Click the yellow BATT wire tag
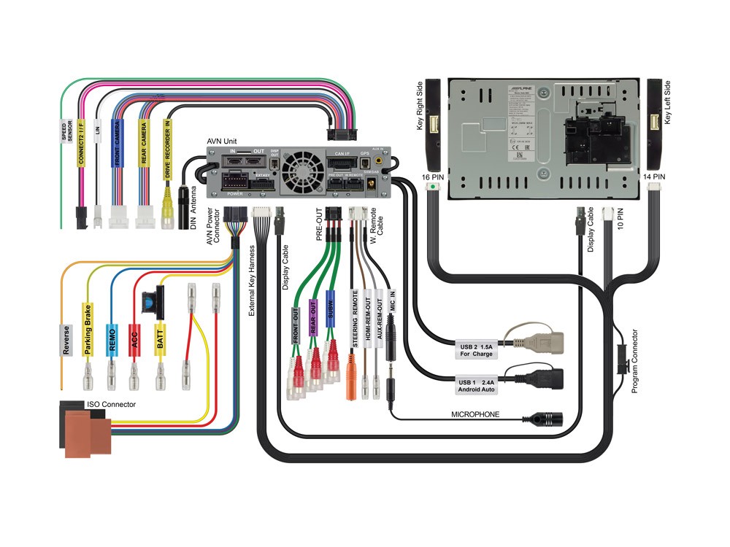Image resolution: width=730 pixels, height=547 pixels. tap(160, 342)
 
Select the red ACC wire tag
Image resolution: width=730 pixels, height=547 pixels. tap(134, 340)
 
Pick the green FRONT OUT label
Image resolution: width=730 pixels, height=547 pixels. tap(296, 325)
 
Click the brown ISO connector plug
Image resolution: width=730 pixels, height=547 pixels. tap(85, 433)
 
